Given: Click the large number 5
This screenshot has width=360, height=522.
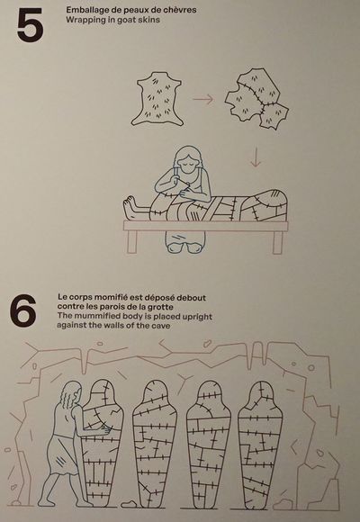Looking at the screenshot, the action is coord(30,25).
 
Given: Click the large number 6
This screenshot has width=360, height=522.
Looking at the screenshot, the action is coord(22,310).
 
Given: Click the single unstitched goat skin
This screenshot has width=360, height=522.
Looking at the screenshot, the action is coord(157,99).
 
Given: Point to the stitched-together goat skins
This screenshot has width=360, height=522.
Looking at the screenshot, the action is coord(256,98).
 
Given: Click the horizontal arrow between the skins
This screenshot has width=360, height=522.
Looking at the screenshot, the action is coord(202,99).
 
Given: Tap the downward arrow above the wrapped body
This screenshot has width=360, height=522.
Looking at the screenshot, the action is coord(256,157).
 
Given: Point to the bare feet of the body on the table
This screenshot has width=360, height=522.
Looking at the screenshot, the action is coord(130,208).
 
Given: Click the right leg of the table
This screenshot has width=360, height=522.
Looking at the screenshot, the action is coord(277,242).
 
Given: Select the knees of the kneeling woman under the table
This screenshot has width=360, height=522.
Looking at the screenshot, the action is coord(185,248).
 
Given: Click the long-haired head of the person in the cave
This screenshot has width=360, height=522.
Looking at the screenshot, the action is coord(71,393).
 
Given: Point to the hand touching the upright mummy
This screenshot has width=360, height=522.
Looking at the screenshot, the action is coord(106,429).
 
